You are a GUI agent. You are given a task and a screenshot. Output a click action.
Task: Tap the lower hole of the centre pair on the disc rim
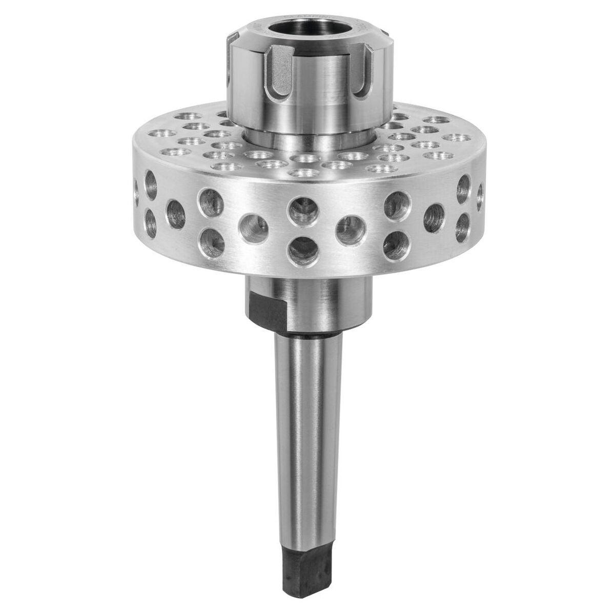click(303, 251)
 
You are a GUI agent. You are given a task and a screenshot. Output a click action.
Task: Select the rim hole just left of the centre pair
click(254, 229)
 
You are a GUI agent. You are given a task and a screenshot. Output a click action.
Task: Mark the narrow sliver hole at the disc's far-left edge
click(136, 192)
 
